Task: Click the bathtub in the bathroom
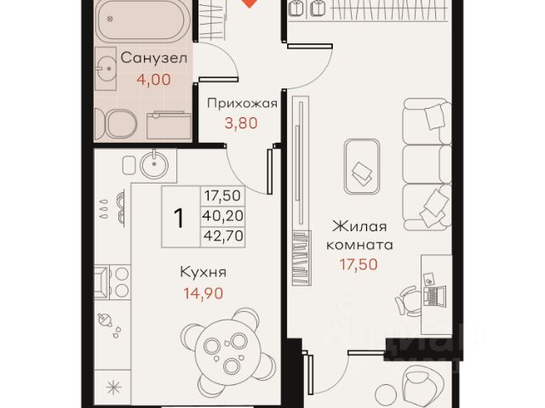click(x=143, y=20)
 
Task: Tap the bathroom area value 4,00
click(x=153, y=80)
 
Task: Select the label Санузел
click(x=153, y=58)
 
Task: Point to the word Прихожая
click(x=242, y=104)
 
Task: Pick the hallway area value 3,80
click(x=241, y=123)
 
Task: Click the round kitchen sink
click(x=154, y=164)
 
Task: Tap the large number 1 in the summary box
click(x=179, y=218)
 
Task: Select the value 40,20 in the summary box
click(x=223, y=216)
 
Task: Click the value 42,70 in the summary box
click(x=223, y=235)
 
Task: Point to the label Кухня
click(x=203, y=272)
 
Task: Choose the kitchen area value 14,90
click(x=203, y=293)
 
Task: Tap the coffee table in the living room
click(x=361, y=167)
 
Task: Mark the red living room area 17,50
click(x=359, y=264)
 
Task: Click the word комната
click(x=359, y=246)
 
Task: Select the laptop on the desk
click(x=434, y=297)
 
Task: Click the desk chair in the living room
click(x=409, y=301)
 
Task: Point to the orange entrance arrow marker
click(x=249, y=3)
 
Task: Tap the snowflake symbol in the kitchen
click(x=113, y=388)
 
